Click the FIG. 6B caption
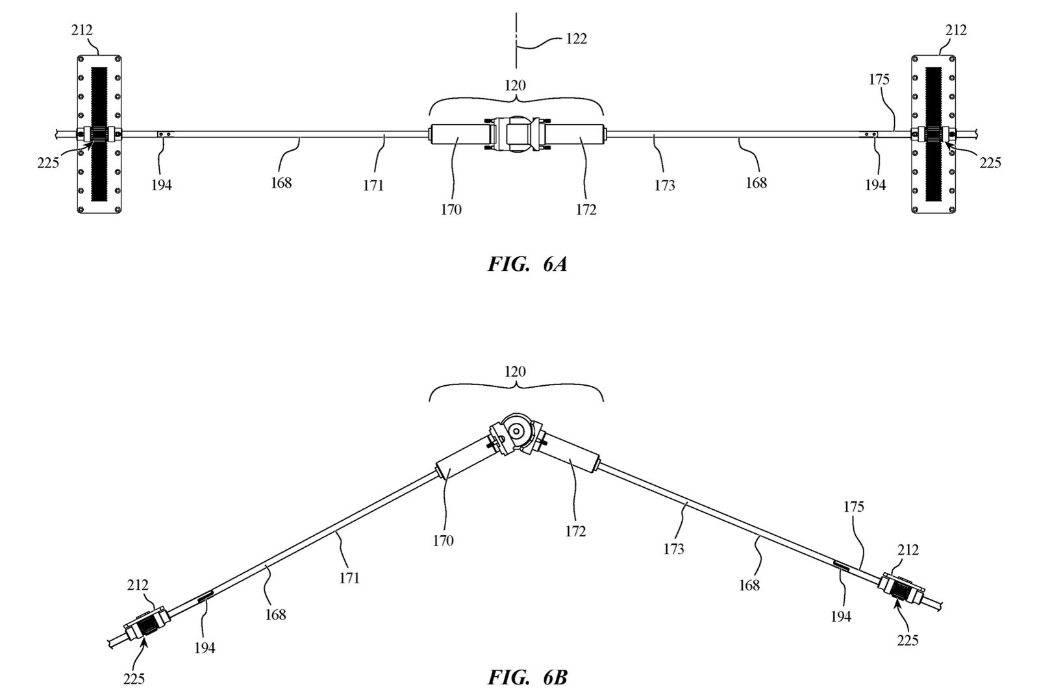[527, 677]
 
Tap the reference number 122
[576, 39]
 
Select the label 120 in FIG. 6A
[516, 85]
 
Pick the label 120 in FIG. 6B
[516, 372]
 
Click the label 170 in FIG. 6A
[451, 210]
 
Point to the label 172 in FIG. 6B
[575, 531]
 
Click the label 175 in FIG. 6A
[879, 80]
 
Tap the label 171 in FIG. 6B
[349, 577]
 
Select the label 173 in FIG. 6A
[664, 186]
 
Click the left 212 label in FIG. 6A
[82, 30]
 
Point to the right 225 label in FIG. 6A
[990, 162]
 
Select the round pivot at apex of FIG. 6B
[518, 429]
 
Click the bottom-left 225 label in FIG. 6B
[134, 679]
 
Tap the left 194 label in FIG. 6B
[205, 647]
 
